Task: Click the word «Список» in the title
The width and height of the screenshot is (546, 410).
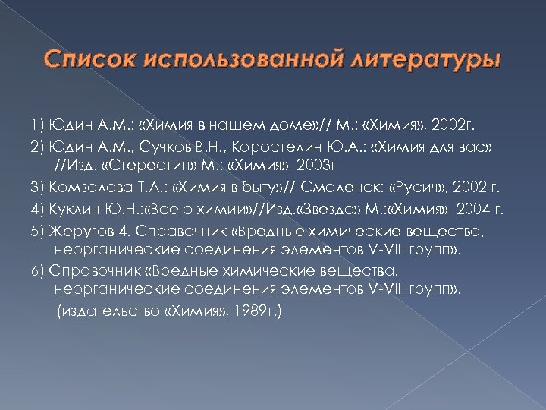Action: [89, 58]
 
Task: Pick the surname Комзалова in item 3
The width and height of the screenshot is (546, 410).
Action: [88, 186]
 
